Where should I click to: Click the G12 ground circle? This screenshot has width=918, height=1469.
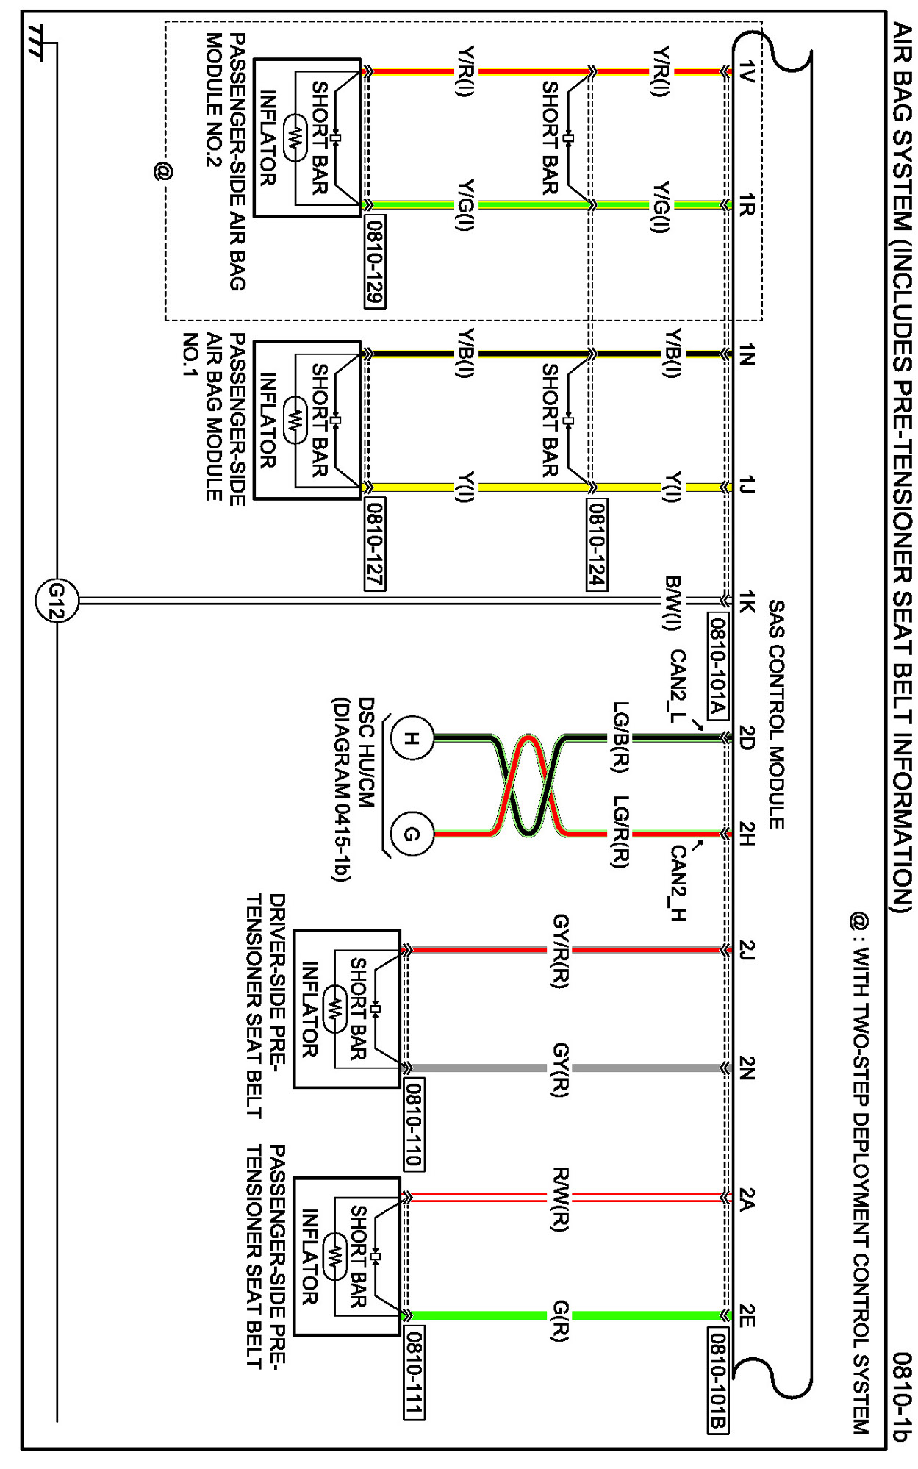click(57, 601)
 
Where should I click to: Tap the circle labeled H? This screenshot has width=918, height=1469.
click(411, 738)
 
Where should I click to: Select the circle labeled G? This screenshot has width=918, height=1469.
click(411, 834)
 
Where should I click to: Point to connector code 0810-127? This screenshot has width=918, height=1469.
click(375, 544)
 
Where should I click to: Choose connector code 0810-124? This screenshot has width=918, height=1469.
click(597, 544)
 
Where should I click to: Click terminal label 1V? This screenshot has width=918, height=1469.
click(747, 71)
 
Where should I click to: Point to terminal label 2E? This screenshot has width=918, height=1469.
click(747, 1315)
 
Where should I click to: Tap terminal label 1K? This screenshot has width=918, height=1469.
click(747, 601)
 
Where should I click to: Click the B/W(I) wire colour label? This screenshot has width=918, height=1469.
click(672, 604)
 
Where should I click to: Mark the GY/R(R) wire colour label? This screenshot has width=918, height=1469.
click(560, 951)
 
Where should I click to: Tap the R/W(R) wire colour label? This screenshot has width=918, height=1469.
click(560, 1199)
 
